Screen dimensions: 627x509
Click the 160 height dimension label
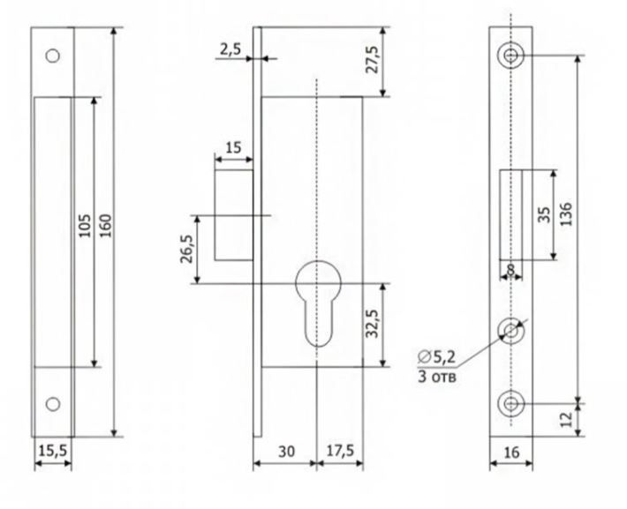click(x=106, y=225)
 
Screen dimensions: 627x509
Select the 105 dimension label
click(x=85, y=225)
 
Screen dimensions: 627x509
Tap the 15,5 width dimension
click(x=53, y=451)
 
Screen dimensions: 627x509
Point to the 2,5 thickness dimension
click(x=230, y=49)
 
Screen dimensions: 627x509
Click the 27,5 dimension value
click(x=372, y=59)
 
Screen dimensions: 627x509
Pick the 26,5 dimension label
click(x=186, y=249)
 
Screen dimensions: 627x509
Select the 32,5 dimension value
click(x=372, y=324)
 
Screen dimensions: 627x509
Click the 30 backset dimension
click(x=286, y=452)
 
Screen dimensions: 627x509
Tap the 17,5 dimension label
click(x=340, y=451)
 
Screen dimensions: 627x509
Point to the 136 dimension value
click(x=565, y=214)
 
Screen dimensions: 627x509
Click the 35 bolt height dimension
click(x=544, y=214)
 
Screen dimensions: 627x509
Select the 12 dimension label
click(x=567, y=420)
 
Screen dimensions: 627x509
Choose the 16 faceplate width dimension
click(x=511, y=453)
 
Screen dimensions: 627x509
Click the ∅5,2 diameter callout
click(x=436, y=356)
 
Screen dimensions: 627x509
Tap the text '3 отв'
click(x=436, y=377)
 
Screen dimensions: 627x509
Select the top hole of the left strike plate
click(x=52, y=56)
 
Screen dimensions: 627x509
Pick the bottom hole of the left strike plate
click(x=52, y=404)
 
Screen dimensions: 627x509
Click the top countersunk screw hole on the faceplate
click(x=510, y=56)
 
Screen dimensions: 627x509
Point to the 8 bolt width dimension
click(x=510, y=269)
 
